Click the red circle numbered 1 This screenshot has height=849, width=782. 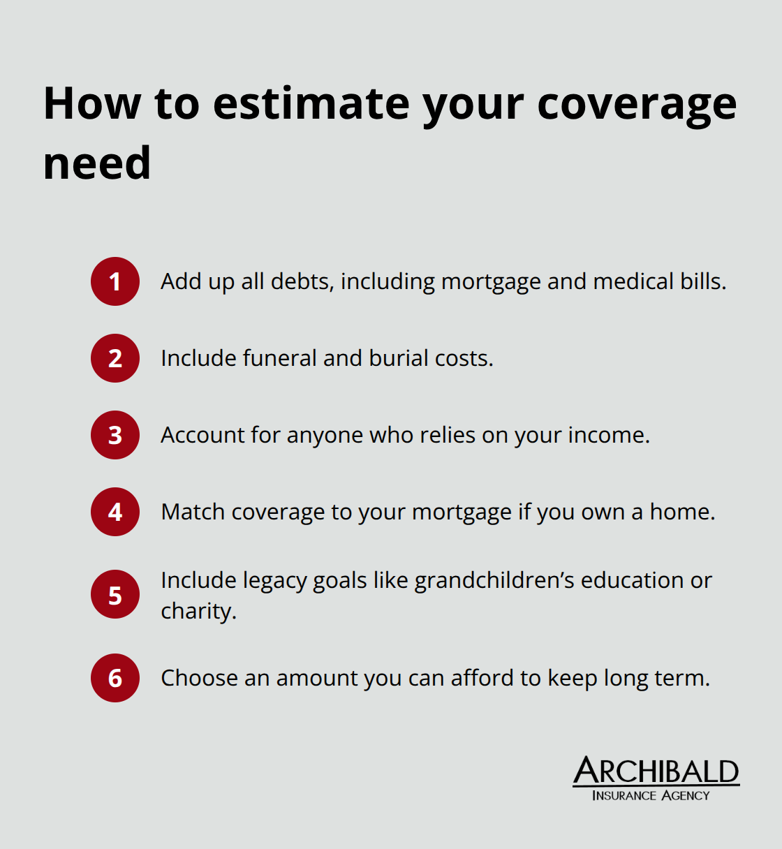115,281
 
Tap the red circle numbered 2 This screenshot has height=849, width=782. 115,358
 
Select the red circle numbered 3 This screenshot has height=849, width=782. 115,435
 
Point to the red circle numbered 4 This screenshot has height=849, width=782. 115,512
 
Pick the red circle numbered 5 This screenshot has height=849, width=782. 115,596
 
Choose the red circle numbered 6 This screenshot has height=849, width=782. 115,678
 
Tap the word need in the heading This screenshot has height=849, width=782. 97,163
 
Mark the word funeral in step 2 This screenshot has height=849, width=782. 279,358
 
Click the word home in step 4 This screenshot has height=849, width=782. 682,512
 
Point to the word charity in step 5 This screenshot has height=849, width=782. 198,612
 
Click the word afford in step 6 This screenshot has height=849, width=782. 482,678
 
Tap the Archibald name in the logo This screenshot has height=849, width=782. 656,772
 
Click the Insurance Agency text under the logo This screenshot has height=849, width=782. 650,795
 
